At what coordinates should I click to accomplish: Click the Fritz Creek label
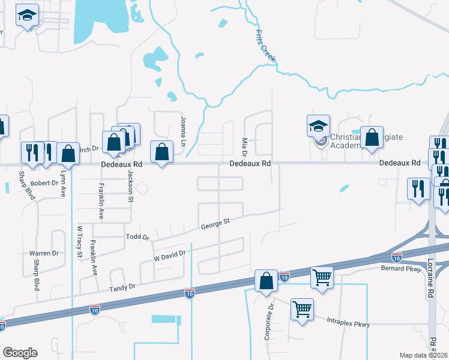pos(265,45)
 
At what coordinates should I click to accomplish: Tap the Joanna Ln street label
pos(183,128)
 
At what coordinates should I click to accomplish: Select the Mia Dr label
pos(245,146)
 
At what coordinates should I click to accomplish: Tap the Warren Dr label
pos(44,253)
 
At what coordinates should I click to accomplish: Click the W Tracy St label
pos(79,242)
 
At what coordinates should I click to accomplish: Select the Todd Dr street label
pos(137,237)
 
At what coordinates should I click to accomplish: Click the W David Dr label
pos(170,256)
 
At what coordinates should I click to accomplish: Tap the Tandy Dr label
pos(122,287)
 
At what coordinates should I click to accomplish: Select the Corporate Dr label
pos(269,321)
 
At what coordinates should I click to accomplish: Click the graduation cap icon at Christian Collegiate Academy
pos(319,126)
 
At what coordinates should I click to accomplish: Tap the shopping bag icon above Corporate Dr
pos(266,281)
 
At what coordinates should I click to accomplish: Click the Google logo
pos(20,353)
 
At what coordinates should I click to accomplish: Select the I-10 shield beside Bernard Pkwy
pos(397,257)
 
